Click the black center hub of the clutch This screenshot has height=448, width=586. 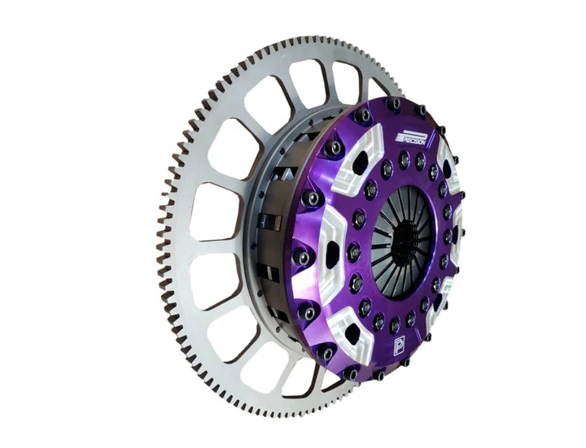[x=405, y=238]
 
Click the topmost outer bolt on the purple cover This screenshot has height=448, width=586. [x=394, y=105]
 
